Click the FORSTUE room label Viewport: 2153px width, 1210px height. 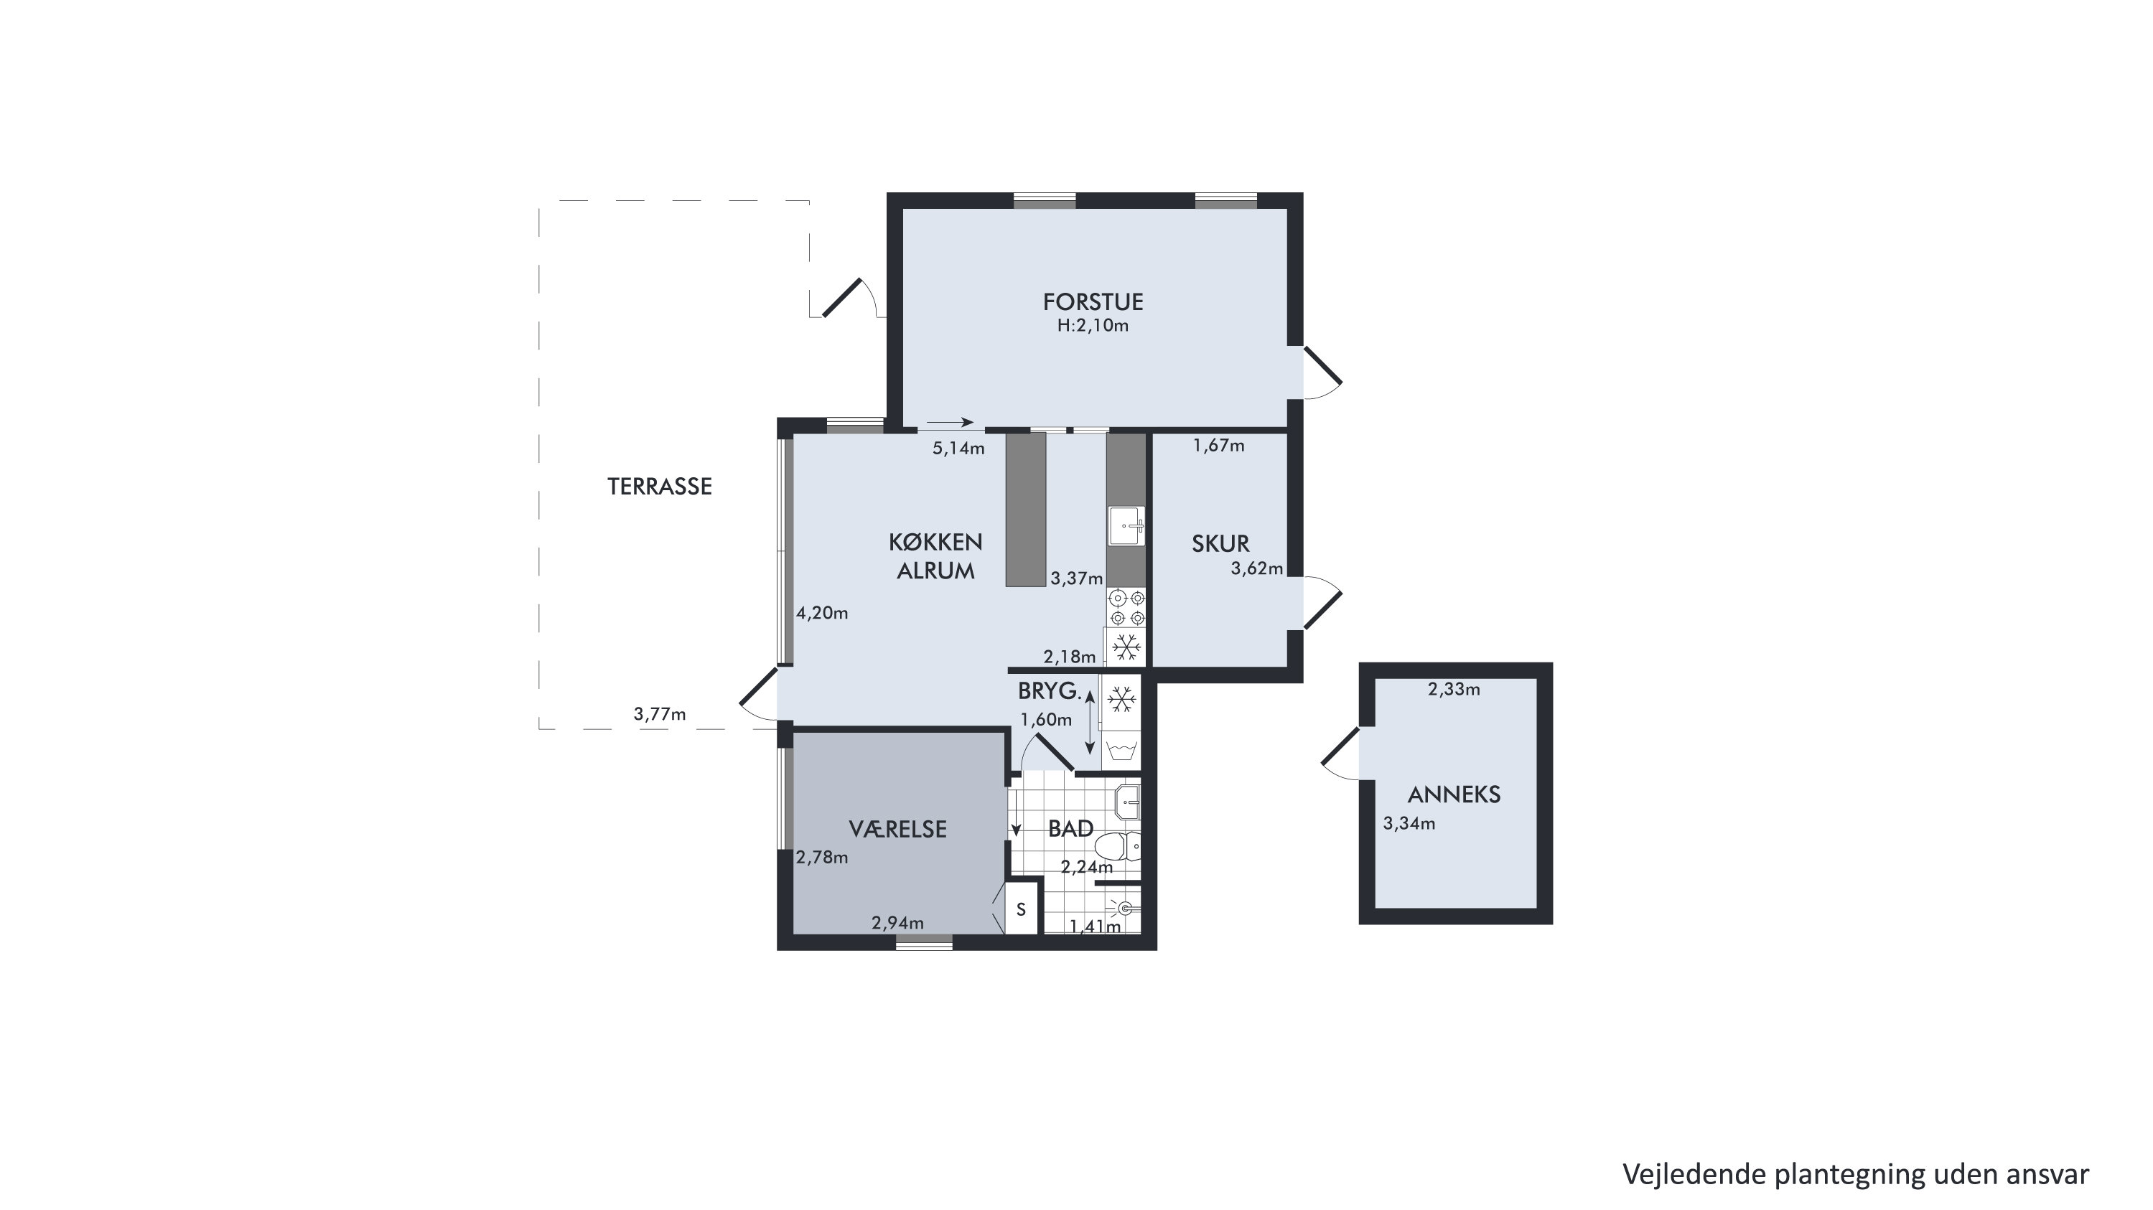point(1093,301)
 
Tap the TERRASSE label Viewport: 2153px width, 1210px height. point(660,487)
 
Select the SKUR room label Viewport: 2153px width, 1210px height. point(1220,544)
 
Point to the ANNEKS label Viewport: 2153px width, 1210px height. point(1454,794)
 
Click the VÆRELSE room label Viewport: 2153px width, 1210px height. point(897,829)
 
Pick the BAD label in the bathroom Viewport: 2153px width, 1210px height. point(1070,828)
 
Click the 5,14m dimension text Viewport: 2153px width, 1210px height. point(958,448)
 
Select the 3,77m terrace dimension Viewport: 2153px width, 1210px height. point(660,713)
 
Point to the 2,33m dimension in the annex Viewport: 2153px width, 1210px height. point(1454,690)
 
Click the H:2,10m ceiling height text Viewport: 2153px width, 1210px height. point(1093,326)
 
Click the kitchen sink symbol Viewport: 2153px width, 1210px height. point(1126,525)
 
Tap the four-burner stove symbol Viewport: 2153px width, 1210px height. point(1126,607)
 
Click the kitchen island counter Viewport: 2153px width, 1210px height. point(1025,509)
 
